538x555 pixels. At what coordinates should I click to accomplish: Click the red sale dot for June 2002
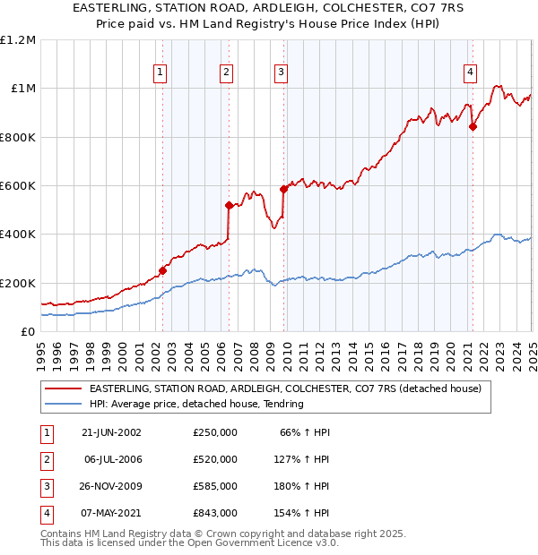(162, 270)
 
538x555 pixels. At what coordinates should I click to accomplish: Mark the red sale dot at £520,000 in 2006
(229, 205)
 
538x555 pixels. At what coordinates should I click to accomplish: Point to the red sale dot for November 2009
(283, 189)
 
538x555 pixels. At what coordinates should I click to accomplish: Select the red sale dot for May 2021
(473, 126)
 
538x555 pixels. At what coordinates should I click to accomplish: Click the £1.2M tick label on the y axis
(18, 40)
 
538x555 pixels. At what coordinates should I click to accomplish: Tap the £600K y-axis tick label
(18, 186)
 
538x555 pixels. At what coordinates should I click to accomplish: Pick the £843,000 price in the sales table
(215, 513)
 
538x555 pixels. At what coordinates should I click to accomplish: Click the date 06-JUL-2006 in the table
(111, 459)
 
